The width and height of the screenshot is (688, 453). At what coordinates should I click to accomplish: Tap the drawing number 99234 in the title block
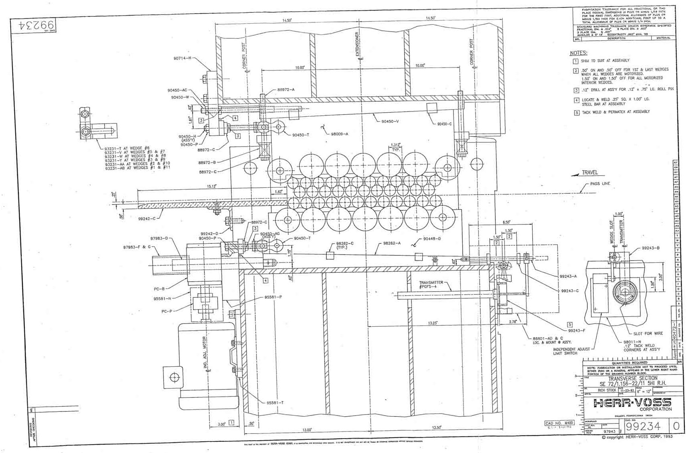[x=644, y=427]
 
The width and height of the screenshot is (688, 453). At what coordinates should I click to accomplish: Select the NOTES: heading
[x=578, y=53]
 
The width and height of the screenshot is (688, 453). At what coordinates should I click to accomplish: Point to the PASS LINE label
[x=600, y=184]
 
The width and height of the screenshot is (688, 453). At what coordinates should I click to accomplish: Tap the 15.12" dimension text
[x=211, y=186]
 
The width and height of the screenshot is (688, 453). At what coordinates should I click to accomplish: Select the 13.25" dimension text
[x=432, y=323]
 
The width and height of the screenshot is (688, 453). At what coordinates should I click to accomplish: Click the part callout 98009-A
[x=340, y=134]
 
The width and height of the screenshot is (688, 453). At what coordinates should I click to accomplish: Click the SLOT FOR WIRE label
[x=648, y=334]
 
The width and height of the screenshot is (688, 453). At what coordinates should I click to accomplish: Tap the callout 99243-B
[x=650, y=248]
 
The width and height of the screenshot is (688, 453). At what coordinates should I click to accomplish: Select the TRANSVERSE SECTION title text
[x=632, y=378]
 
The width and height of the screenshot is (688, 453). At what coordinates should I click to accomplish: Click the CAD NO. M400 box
[x=559, y=423]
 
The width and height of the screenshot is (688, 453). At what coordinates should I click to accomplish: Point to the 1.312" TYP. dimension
[x=395, y=147]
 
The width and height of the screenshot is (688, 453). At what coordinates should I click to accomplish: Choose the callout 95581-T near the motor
[x=275, y=403]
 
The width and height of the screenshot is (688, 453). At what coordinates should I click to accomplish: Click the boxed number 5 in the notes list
[x=577, y=113]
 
